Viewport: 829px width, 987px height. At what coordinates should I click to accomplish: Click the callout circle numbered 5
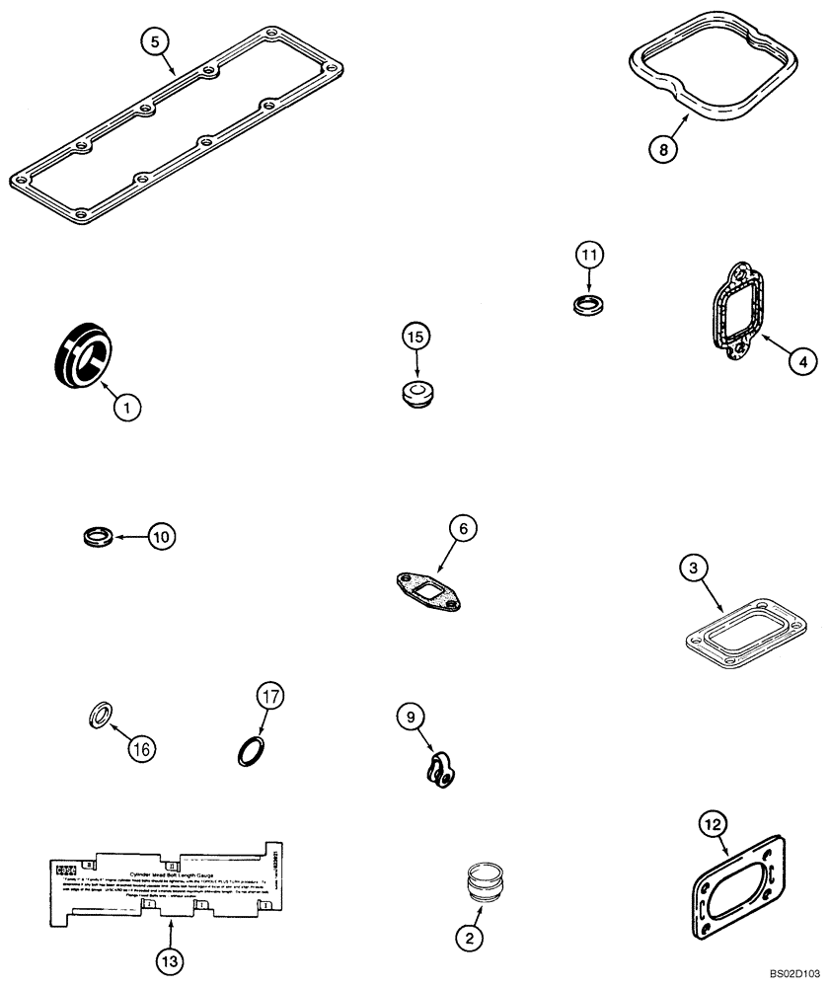pyautogui.click(x=156, y=41)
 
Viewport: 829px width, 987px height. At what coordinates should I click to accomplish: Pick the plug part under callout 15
pyautogui.click(x=416, y=394)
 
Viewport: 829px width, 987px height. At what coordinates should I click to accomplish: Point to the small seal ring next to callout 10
pyautogui.click(x=95, y=538)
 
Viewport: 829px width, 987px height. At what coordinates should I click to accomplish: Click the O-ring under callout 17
pyautogui.click(x=251, y=753)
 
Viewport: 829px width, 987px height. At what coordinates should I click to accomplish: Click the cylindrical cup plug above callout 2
pyautogui.click(x=487, y=880)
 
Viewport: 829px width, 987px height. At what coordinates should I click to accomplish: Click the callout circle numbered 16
pyautogui.click(x=142, y=750)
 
